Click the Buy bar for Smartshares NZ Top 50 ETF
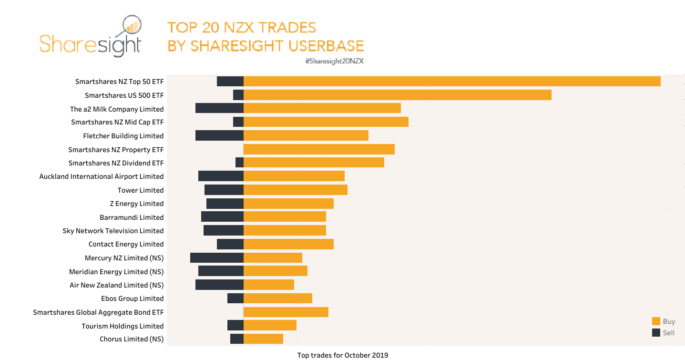pos(452,82)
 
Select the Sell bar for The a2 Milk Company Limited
pos(219,109)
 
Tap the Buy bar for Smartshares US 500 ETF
pos(397,95)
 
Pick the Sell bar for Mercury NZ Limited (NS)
pos(217,258)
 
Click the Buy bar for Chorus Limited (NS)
pos(263,339)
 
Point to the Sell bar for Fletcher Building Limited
pos(219,136)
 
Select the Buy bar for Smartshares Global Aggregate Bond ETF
pos(286,312)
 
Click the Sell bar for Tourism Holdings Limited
pos(235,326)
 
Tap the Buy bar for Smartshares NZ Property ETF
pos(319,149)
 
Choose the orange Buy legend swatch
pos(656,321)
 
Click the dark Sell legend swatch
pos(656,333)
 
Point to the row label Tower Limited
pos(141,190)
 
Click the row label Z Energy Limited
pos(136,204)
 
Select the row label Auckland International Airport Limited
pos(102,176)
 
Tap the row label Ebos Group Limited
pos(132,298)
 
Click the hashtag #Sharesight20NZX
pos(334,61)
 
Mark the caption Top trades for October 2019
pos(342,355)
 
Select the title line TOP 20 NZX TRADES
pos(242,27)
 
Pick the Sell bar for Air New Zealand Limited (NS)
pos(219,285)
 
